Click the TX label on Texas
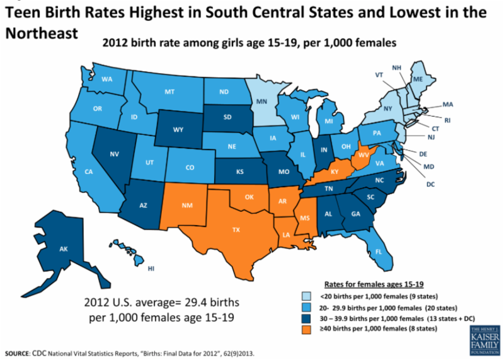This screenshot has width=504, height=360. tap(236, 230)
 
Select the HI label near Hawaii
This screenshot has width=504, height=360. tap(151, 269)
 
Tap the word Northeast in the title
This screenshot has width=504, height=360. tap(42, 33)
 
